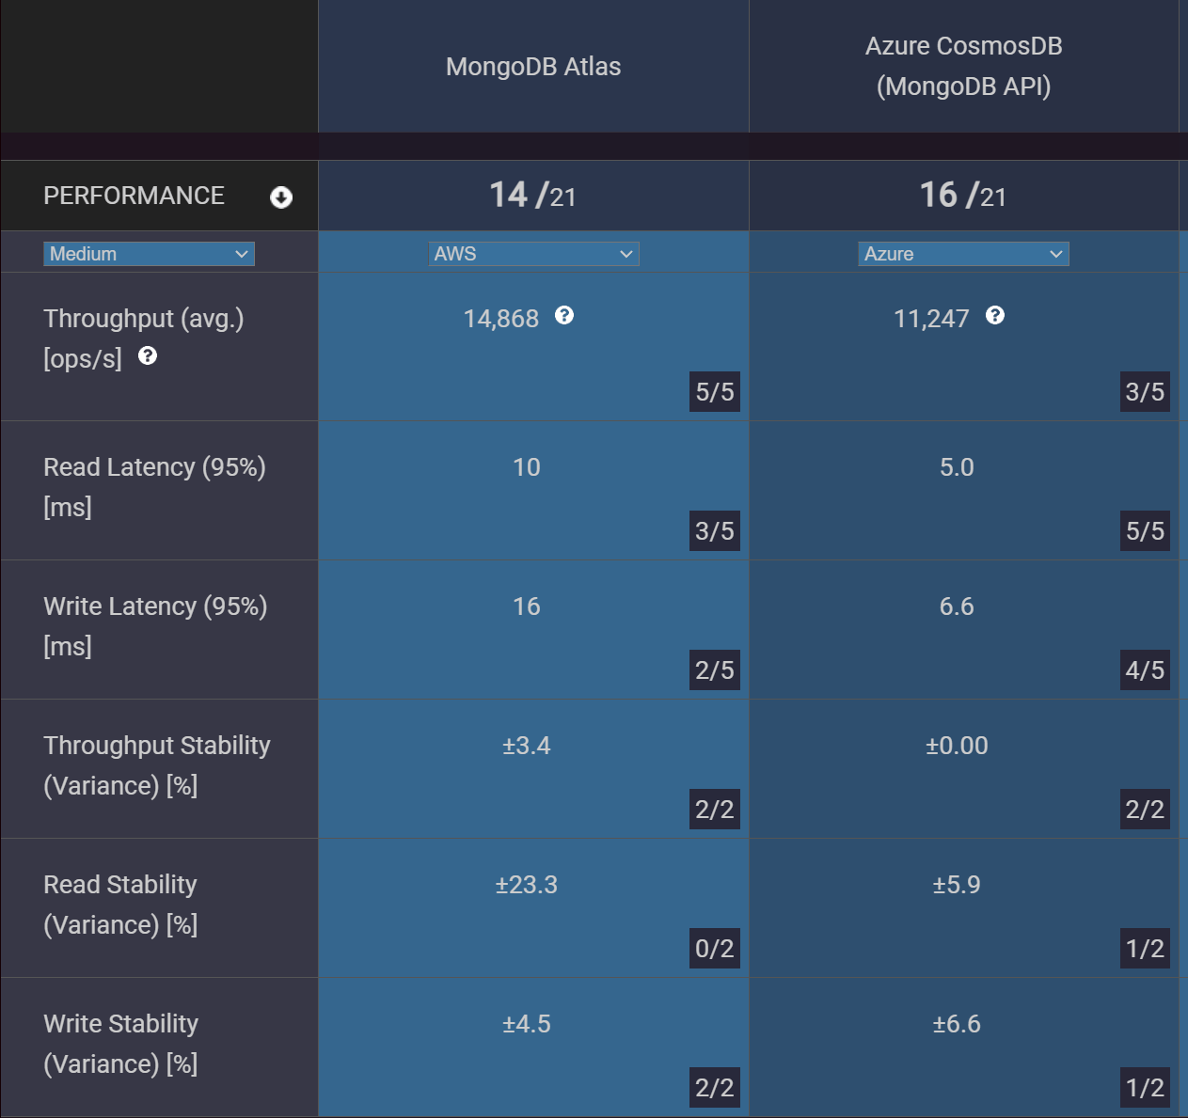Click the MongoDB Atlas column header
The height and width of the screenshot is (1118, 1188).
(x=533, y=67)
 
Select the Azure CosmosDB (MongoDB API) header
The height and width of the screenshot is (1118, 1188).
(x=963, y=66)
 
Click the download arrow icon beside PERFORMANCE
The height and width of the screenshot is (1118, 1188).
(x=281, y=197)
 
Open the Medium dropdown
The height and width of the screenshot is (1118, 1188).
(x=149, y=254)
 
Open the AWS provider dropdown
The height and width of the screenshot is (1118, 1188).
(x=533, y=254)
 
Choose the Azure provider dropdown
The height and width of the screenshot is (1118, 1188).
(x=963, y=254)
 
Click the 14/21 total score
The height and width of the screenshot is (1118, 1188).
(x=532, y=196)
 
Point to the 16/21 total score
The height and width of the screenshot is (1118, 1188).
(x=962, y=196)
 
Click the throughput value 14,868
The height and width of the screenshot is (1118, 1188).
(x=501, y=319)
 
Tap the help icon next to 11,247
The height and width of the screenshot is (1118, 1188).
(x=995, y=316)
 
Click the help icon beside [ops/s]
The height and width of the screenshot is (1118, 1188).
(x=148, y=356)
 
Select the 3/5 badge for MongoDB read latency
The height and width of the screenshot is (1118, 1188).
(x=715, y=531)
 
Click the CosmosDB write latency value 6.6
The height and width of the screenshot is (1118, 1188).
(x=957, y=606)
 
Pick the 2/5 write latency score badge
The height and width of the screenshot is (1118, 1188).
(x=715, y=670)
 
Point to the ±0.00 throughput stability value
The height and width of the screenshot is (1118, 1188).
(x=957, y=746)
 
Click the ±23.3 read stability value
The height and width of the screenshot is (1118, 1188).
(x=527, y=885)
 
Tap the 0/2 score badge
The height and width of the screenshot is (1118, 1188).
(x=715, y=949)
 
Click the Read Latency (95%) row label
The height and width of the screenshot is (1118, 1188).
(x=154, y=467)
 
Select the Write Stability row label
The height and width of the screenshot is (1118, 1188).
(x=121, y=1024)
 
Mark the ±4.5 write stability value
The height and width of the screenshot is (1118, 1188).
(x=527, y=1024)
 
